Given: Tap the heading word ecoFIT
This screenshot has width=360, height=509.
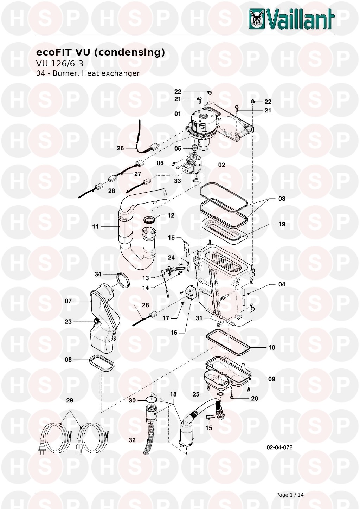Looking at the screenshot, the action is click(x=54, y=52).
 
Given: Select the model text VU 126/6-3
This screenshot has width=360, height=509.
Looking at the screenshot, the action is click(x=60, y=64).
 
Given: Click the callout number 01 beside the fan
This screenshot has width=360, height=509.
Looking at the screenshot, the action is click(x=178, y=114).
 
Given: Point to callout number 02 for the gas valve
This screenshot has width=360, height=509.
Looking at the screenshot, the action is click(x=221, y=165).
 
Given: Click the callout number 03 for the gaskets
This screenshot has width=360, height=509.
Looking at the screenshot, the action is click(x=282, y=199).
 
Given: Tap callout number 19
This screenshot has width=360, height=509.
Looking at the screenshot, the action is click(x=282, y=224).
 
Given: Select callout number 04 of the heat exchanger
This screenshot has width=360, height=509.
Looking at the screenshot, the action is click(x=282, y=284).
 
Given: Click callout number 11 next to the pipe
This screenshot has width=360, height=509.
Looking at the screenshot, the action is click(x=96, y=226).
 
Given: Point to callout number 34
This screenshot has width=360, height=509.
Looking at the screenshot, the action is click(x=98, y=274).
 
